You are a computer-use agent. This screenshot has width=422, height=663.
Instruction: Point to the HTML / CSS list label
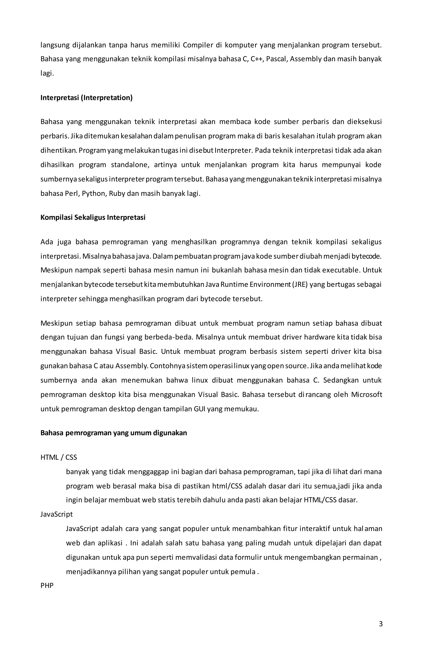59,457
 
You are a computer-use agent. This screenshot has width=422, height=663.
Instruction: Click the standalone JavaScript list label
56,514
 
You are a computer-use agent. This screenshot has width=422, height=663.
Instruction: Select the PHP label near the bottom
47,586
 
